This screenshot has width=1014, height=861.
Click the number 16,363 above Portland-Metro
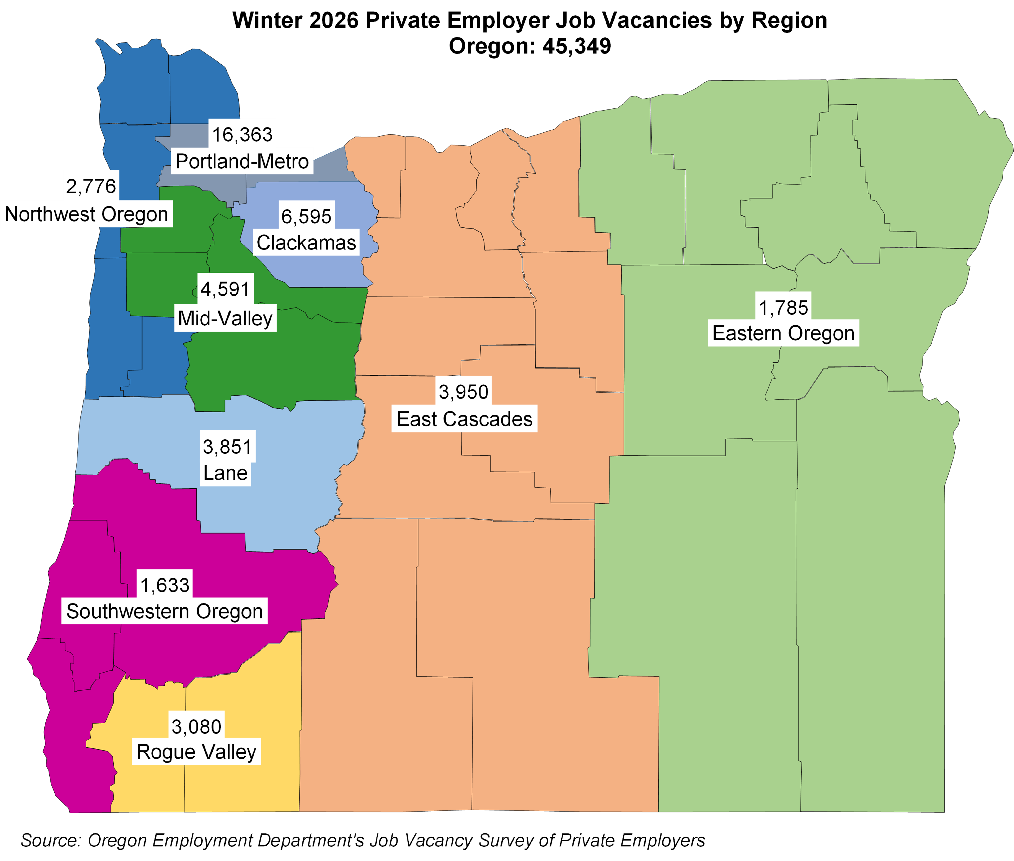tap(242, 134)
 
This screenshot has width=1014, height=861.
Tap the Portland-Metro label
tap(242, 161)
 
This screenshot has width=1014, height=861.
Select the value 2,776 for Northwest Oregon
tap(91, 186)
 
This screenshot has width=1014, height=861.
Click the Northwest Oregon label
tap(86, 214)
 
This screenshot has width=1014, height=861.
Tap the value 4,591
tap(225, 289)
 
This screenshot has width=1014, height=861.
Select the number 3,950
tap(464, 391)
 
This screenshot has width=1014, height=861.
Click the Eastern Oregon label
tap(783, 333)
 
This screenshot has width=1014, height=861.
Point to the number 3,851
tap(227, 447)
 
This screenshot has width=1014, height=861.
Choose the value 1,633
tap(165, 585)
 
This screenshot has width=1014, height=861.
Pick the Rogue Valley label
tap(196, 752)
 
